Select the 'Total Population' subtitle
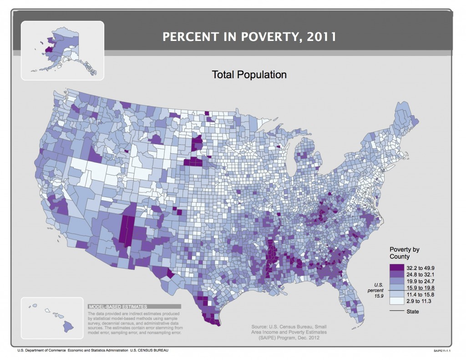[249, 74]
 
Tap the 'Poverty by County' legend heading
[404, 253]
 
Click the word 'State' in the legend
[413, 312]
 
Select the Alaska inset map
[62, 50]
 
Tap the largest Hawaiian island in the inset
[69, 326]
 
